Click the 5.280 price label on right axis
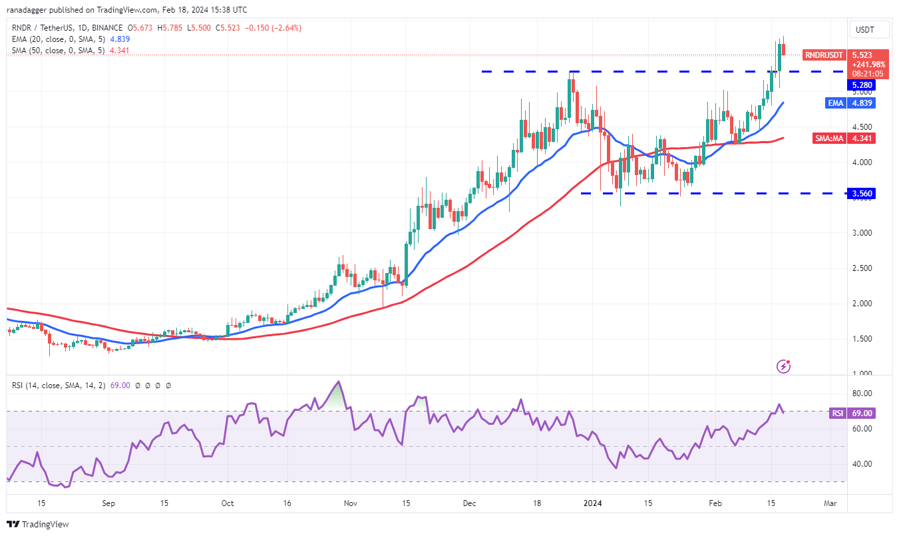tap(860, 85)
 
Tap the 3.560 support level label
tap(860, 194)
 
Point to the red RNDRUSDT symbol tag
tap(824, 55)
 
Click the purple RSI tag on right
tap(837, 413)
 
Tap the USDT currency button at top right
tap(864, 30)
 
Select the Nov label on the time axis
tap(351, 503)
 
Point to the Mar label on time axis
tap(829, 503)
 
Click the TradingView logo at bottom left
tap(39, 524)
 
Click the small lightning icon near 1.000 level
tap(784, 366)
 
